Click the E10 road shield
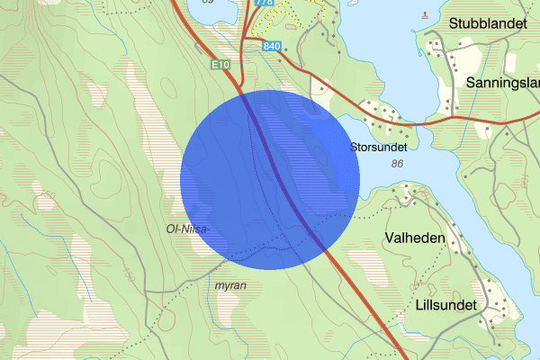click(222, 65)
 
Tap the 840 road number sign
click(274, 45)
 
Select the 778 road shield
click(264, 3)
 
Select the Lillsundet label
click(448, 304)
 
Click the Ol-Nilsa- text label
click(188, 229)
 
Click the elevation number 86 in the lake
click(397, 164)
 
